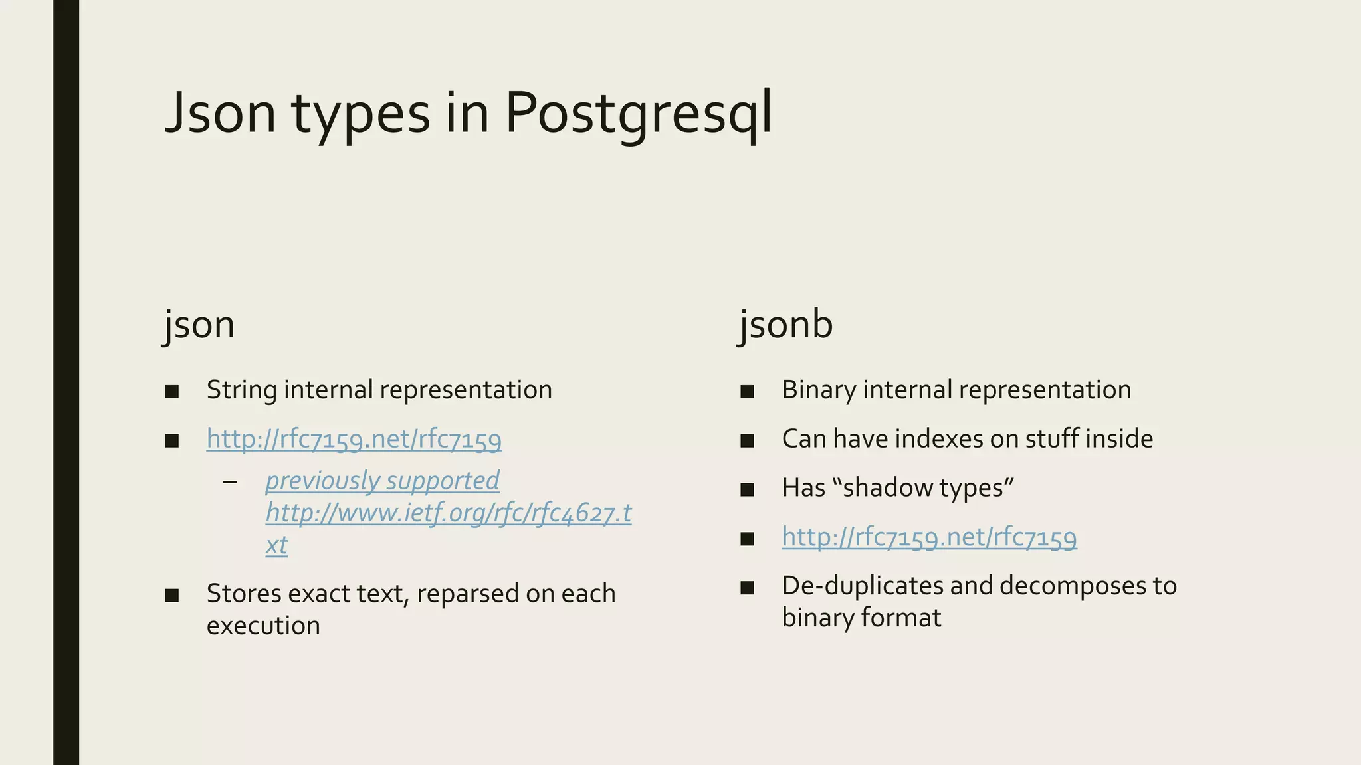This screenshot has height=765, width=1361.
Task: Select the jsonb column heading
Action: coord(786,325)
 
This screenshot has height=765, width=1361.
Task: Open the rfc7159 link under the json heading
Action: coord(354,439)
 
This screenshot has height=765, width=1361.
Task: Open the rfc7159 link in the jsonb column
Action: coord(929,537)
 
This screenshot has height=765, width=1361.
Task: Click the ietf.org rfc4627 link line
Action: coord(449,513)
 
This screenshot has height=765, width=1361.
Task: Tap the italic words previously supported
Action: coord(382,480)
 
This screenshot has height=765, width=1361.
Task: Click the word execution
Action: coord(263,626)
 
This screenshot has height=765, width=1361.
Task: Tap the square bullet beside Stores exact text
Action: coord(172,595)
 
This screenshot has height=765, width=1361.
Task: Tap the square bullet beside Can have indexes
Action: coord(747,440)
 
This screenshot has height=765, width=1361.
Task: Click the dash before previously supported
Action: coord(230,481)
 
